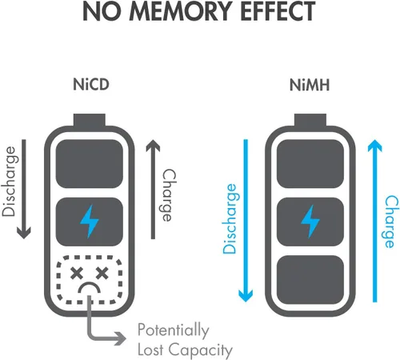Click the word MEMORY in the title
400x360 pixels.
click(x=180, y=11)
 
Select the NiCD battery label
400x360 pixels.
click(x=91, y=84)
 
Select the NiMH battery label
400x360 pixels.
click(x=310, y=85)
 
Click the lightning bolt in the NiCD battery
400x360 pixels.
click(x=90, y=222)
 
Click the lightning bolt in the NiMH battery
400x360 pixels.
click(x=310, y=222)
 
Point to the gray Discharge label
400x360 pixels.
click(x=10, y=182)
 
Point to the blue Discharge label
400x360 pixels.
click(x=230, y=218)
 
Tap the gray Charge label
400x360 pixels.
click(x=169, y=195)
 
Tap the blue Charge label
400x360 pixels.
click(x=391, y=222)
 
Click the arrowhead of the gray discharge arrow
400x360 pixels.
click(x=24, y=233)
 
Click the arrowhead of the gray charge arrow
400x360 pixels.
click(x=153, y=146)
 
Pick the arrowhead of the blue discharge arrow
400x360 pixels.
click(x=246, y=295)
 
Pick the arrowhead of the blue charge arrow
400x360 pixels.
click(x=374, y=146)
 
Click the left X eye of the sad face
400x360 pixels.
click(x=77, y=273)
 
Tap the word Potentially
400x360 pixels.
click(x=174, y=330)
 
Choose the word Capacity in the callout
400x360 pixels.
click(x=201, y=350)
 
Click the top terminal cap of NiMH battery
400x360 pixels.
click(x=310, y=119)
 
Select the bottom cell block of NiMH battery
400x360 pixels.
click(x=310, y=279)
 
